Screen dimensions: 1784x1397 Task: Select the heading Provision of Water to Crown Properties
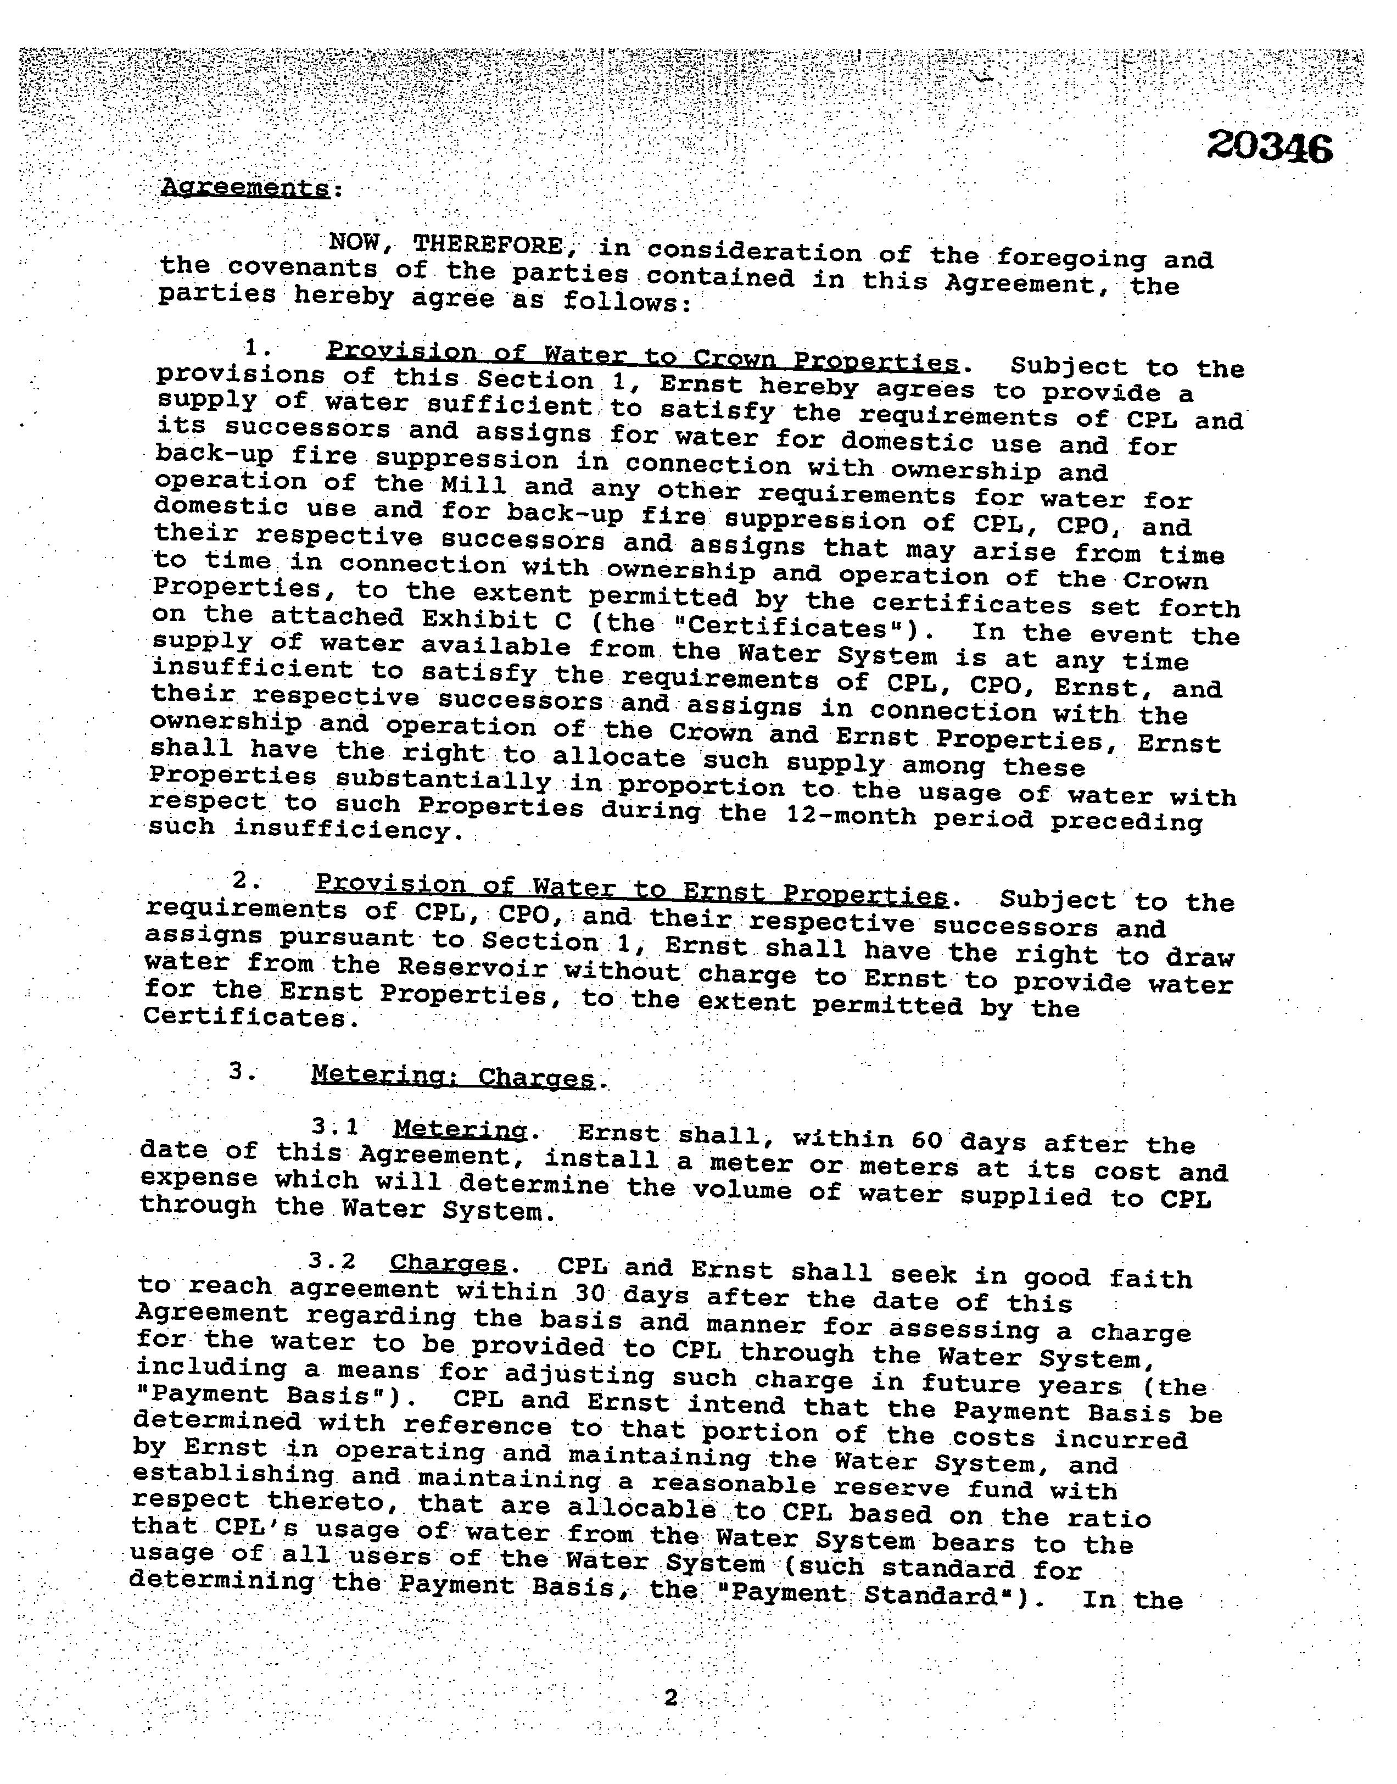(x=642, y=356)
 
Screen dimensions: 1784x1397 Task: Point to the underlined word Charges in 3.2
(x=448, y=1264)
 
